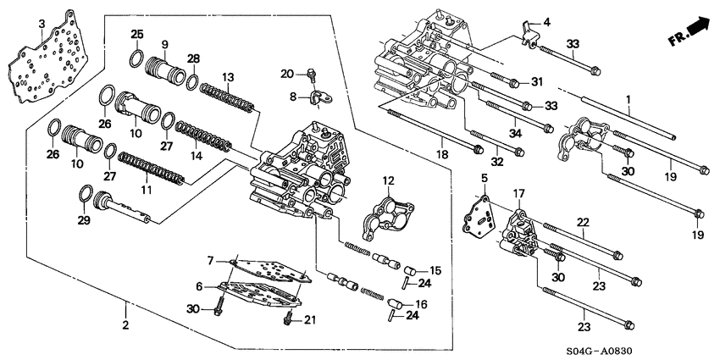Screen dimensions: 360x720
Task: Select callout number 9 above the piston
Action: tap(164, 43)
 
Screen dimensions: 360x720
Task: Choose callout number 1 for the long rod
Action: tap(628, 101)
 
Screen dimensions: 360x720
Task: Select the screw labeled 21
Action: tap(288, 320)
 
